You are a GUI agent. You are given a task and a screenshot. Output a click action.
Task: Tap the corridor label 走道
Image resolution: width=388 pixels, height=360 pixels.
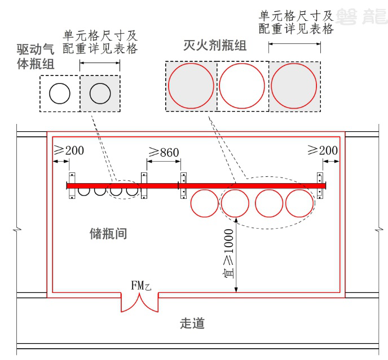pyautogui.click(x=192, y=323)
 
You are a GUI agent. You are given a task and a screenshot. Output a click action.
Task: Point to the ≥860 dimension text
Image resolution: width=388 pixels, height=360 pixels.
pyautogui.click(x=164, y=152)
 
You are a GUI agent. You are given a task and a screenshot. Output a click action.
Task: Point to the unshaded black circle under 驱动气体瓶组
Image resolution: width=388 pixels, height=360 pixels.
pyautogui.click(x=59, y=93)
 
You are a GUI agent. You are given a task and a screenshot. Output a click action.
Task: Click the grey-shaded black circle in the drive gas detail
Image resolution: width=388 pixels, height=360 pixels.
pyautogui.click(x=100, y=93)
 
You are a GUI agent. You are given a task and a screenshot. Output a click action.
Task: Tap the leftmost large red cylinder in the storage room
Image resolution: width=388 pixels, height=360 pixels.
pyautogui.click(x=204, y=203)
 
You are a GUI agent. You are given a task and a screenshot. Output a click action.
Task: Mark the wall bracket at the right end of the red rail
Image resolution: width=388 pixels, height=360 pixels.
pyautogui.click(x=321, y=185)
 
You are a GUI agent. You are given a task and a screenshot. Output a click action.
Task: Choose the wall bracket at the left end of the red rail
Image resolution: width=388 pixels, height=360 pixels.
pyautogui.click(x=72, y=185)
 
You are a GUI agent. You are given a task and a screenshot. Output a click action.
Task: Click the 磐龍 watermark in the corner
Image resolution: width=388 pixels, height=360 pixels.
pyautogui.click(x=361, y=15)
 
